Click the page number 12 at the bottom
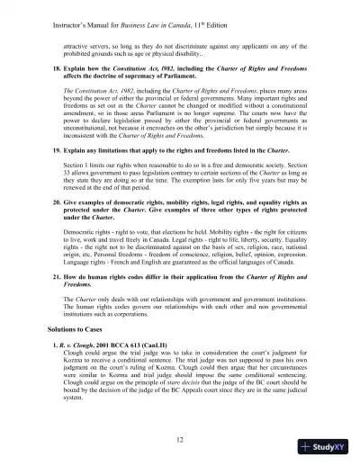(180, 437)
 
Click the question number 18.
(54, 67)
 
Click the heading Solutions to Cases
(81, 336)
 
